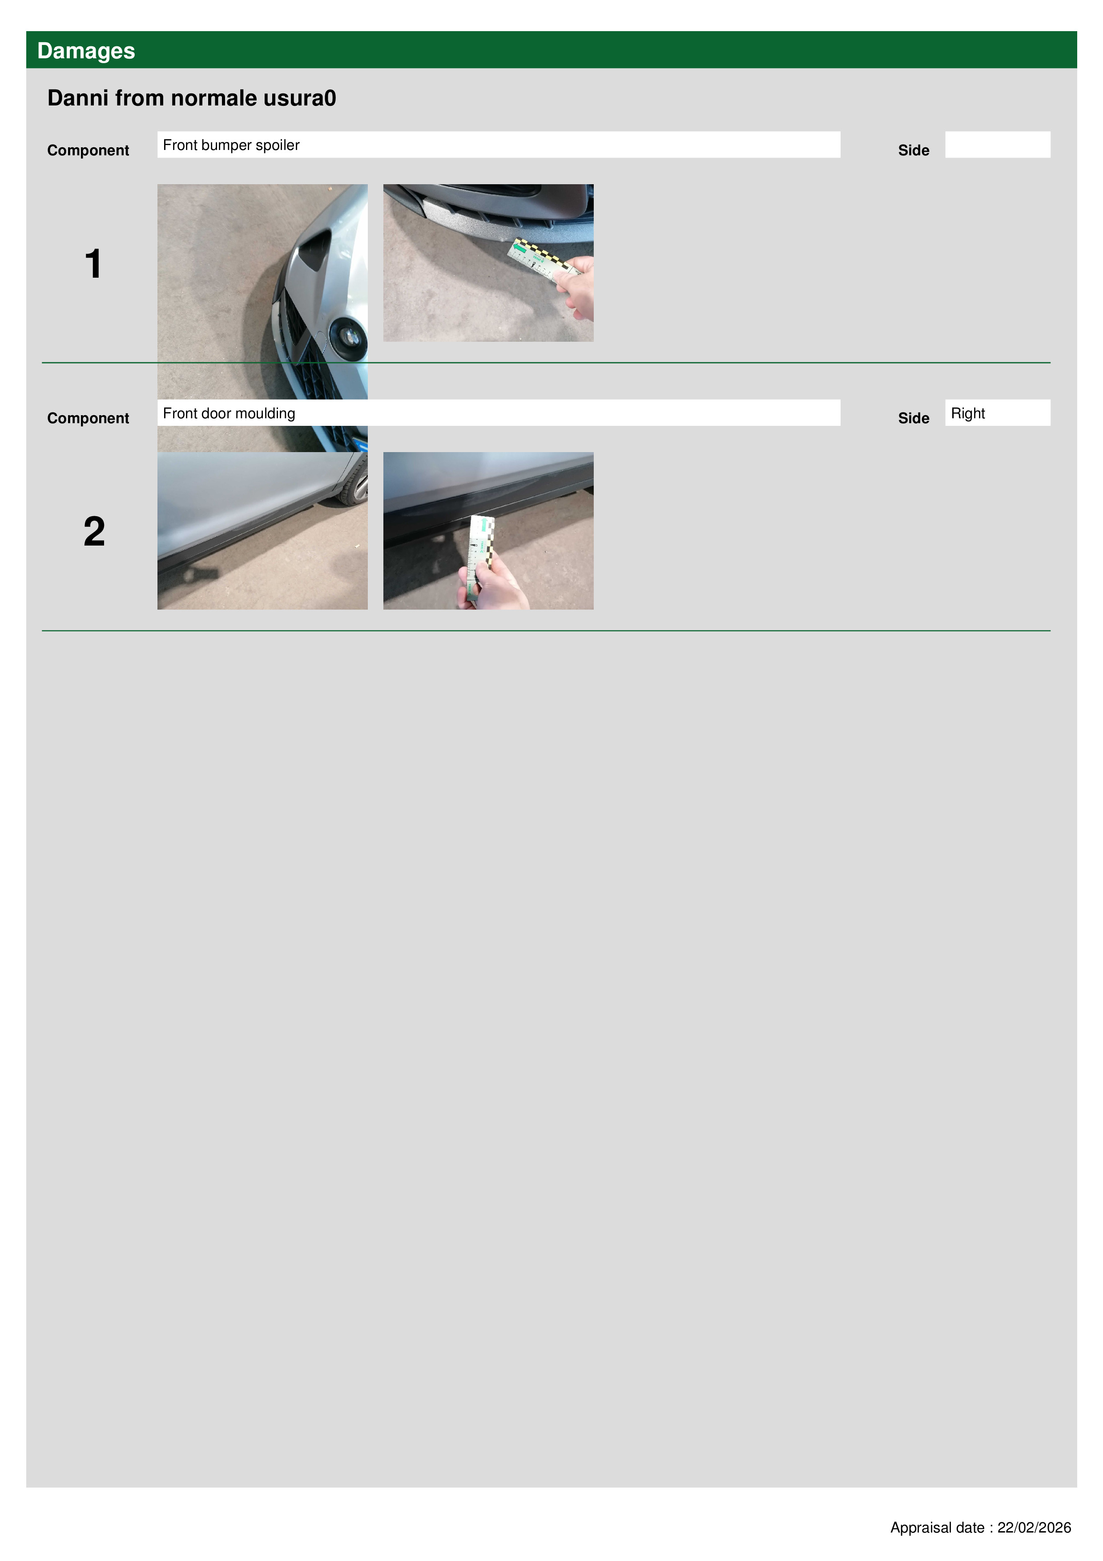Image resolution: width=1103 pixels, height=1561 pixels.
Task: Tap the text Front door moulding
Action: (x=229, y=413)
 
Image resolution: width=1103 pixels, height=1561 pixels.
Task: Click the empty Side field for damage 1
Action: (x=997, y=145)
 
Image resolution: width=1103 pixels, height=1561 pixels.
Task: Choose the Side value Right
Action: (x=968, y=413)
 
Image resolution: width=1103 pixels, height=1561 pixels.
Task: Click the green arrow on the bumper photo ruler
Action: (x=520, y=250)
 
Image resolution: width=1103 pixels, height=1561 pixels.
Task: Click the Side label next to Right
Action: (x=914, y=418)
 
